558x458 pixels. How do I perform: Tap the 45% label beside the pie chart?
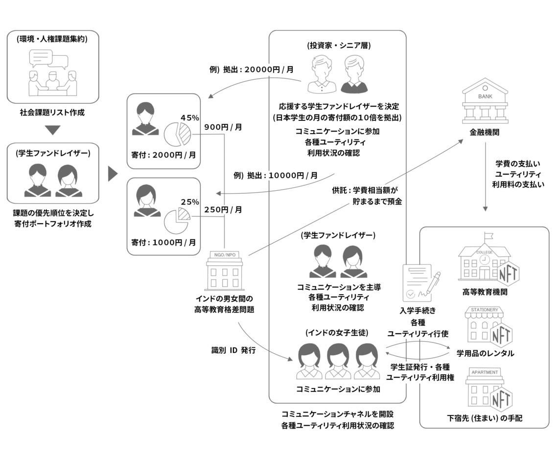pyautogui.click(x=189, y=118)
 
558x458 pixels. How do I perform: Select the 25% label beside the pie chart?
pyautogui.click(x=189, y=202)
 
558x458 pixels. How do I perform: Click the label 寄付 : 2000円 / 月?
pyautogui.click(x=163, y=155)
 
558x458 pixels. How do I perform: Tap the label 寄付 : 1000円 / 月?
pyautogui.click(x=163, y=242)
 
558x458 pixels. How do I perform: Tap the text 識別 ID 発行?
pyautogui.click(x=233, y=350)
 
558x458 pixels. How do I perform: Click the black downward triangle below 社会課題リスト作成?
pyautogui.click(x=53, y=131)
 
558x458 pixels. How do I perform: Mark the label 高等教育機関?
pyautogui.click(x=485, y=292)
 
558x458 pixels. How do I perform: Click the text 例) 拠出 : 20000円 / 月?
pyautogui.click(x=252, y=69)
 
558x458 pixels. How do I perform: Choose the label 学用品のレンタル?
pyautogui.click(x=485, y=353)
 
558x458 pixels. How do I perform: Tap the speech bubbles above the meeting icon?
pyautogui.click(x=48, y=60)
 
